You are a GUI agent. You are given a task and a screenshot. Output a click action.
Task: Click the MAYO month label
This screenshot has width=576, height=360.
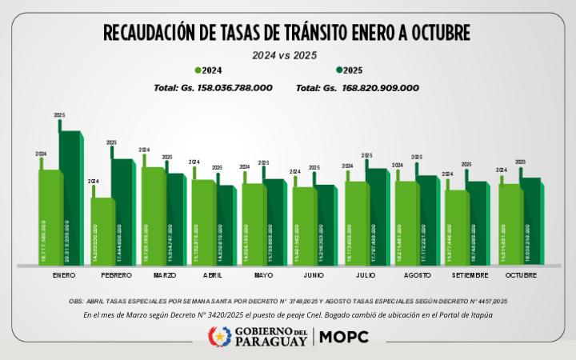click(263, 275)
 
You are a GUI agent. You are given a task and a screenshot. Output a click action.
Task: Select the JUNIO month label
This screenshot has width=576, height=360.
click(314, 275)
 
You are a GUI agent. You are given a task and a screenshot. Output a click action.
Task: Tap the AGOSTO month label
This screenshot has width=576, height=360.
click(417, 275)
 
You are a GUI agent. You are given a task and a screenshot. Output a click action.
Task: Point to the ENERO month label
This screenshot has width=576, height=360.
click(64, 275)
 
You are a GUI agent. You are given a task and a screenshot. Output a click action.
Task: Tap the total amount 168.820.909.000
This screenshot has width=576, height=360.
click(380, 88)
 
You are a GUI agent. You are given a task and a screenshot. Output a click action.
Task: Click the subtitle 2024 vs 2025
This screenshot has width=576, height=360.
click(286, 55)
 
